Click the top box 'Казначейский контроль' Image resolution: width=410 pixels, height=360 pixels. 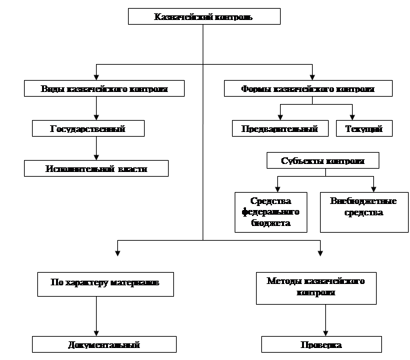pyautogui.click(x=203, y=16)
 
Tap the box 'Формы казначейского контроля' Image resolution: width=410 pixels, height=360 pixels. pyautogui.click(x=307, y=88)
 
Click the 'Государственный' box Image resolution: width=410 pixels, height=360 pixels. pyautogui.click(x=88, y=128)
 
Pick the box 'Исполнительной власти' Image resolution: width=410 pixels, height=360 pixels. pyautogui.click(x=96, y=169)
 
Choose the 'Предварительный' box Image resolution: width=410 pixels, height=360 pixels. pyautogui.click(x=280, y=129)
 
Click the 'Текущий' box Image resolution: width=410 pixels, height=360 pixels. pyautogui.click(x=363, y=129)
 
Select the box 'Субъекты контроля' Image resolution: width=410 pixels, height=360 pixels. pyautogui.click(x=323, y=161)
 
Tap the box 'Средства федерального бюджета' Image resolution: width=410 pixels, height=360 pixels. pyautogui.click(x=271, y=212)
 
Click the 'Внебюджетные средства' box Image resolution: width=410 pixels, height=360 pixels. pyautogui.click(x=364, y=212)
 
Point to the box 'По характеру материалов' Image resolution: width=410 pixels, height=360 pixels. pyautogui.click(x=105, y=283)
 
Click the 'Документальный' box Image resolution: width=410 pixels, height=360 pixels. pyautogui.click(x=105, y=345)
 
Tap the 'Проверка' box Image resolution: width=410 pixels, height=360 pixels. pyautogui.click(x=321, y=345)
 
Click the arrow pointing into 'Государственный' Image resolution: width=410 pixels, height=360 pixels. pyautogui.click(x=97, y=115)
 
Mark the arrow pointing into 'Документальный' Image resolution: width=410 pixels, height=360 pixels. pyautogui.click(x=97, y=332)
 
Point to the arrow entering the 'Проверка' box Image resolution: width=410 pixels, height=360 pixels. pyautogui.click(x=325, y=332)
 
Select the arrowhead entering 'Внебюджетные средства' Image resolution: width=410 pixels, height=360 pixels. pyautogui.click(x=373, y=189)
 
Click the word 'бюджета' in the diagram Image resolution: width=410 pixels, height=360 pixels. pyautogui.click(x=271, y=223)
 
